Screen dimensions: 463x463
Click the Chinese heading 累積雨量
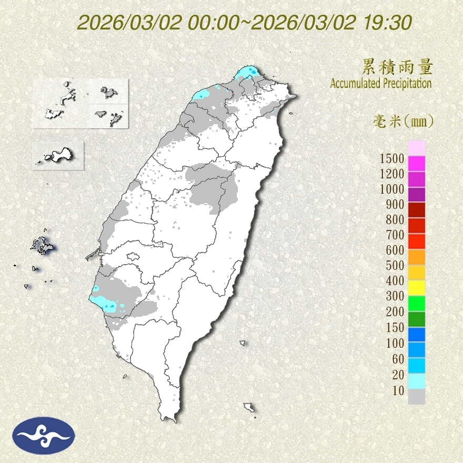(x=397, y=67)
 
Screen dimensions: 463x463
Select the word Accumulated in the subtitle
(x=355, y=83)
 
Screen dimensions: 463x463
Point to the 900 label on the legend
(x=394, y=204)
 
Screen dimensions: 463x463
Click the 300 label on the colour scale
(x=394, y=296)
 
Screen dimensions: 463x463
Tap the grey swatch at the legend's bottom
(x=416, y=397)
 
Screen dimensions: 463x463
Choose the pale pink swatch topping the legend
(x=416, y=148)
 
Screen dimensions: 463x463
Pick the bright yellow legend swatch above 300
(x=416, y=287)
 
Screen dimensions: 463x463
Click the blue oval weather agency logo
(x=44, y=435)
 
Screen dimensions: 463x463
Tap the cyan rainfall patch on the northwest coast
(x=201, y=95)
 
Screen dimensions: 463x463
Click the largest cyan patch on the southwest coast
(x=103, y=303)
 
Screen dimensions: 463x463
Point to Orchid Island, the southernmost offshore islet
(x=249, y=407)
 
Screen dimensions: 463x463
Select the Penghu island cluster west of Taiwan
(x=42, y=246)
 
